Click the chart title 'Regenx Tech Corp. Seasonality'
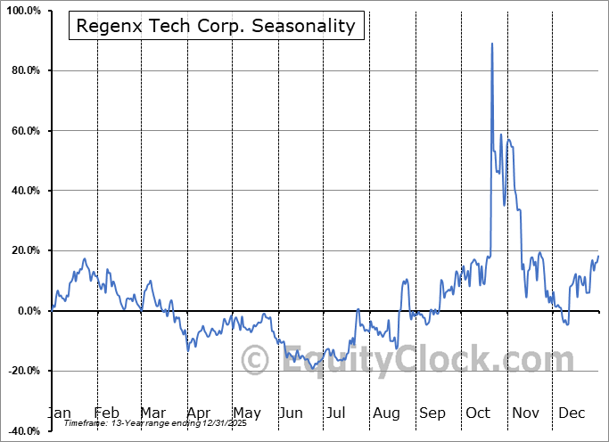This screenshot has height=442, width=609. pyautogui.click(x=216, y=26)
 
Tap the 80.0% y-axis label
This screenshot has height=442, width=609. pyautogui.click(x=22, y=70)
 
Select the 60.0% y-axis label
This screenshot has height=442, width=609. pyautogui.click(x=22, y=131)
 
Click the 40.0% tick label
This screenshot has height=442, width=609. pyautogui.click(x=22, y=191)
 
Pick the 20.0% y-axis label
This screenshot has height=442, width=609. pyautogui.click(x=22, y=251)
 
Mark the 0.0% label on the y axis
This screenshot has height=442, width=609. pyautogui.click(x=25, y=311)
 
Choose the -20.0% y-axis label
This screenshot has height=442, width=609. pyautogui.click(x=21, y=371)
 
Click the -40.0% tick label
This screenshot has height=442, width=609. pyautogui.click(x=21, y=431)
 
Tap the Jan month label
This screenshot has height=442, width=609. pyautogui.click(x=60, y=413)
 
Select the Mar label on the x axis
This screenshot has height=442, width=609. pyautogui.click(x=152, y=413)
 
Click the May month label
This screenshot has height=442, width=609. pyautogui.click(x=246, y=413)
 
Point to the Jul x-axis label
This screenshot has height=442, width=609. pyautogui.click(x=336, y=413)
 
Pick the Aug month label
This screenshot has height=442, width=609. pyautogui.click(x=386, y=413)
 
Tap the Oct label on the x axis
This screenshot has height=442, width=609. pyautogui.click(x=479, y=413)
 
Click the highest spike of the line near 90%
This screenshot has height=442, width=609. pyautogui.click(x=491, y=43)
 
